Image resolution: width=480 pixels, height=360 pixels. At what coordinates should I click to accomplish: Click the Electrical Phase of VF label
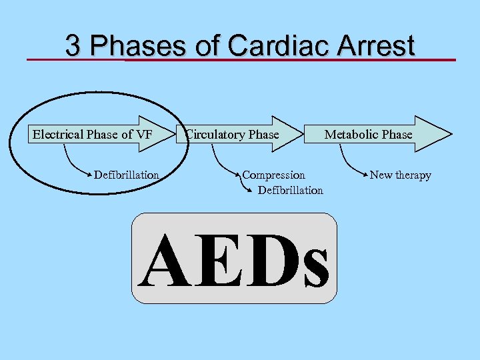click(93, 134)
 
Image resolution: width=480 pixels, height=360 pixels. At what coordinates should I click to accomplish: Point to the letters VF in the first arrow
click(144, 134)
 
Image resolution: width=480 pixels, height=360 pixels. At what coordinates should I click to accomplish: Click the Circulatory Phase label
click(233, 134)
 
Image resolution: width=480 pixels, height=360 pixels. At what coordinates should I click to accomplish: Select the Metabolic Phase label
click(368, 134)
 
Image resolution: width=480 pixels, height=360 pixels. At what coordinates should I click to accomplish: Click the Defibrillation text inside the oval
click(127, 175)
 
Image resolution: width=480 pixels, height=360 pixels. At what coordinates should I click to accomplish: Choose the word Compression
click(273, 175)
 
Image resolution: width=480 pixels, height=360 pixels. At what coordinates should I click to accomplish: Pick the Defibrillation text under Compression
click(290, 191)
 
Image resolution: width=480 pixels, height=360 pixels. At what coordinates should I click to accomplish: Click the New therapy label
click(400, 175)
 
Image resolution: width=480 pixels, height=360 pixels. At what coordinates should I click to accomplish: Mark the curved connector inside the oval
click(71, 163)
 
